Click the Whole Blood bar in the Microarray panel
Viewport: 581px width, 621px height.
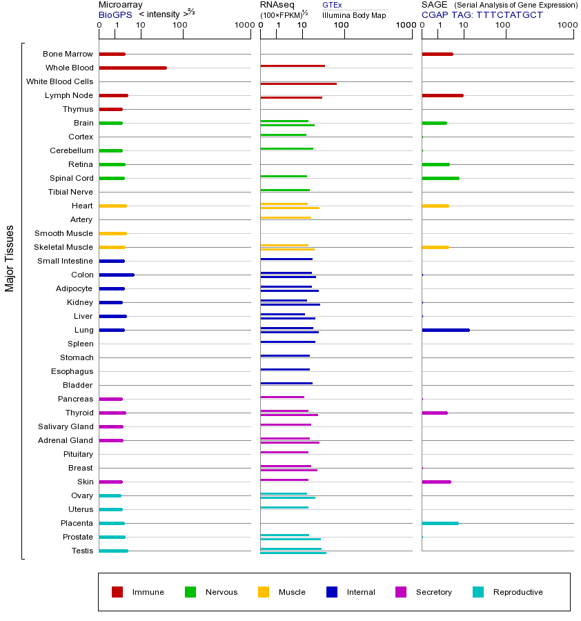[x=132, y=68]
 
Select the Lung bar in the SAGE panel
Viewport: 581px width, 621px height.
[x=445, y=330]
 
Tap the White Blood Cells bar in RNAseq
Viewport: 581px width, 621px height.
[x=298, y=83]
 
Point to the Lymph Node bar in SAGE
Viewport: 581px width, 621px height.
[x=442, y=95]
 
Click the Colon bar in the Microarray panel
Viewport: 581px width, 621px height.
[x=117, y=275]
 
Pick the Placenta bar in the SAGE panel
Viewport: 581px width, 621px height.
[x=440, y=523]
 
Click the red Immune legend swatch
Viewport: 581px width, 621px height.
[x=117, y=592]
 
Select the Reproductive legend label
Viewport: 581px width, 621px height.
[x=518, y=592]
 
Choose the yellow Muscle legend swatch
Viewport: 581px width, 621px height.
[x=264, y=592]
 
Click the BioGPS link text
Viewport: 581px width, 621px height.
[x=114, y=14]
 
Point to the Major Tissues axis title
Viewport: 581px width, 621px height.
[x=10, y=257]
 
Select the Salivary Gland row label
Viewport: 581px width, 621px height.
[x=66, y=426]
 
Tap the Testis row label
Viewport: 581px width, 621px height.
[x=82, y=551]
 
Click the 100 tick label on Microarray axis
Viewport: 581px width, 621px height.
[x=179, y=26]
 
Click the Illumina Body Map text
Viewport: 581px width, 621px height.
[x=354, y=14]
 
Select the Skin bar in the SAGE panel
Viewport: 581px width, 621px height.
[x=436, y=482]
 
